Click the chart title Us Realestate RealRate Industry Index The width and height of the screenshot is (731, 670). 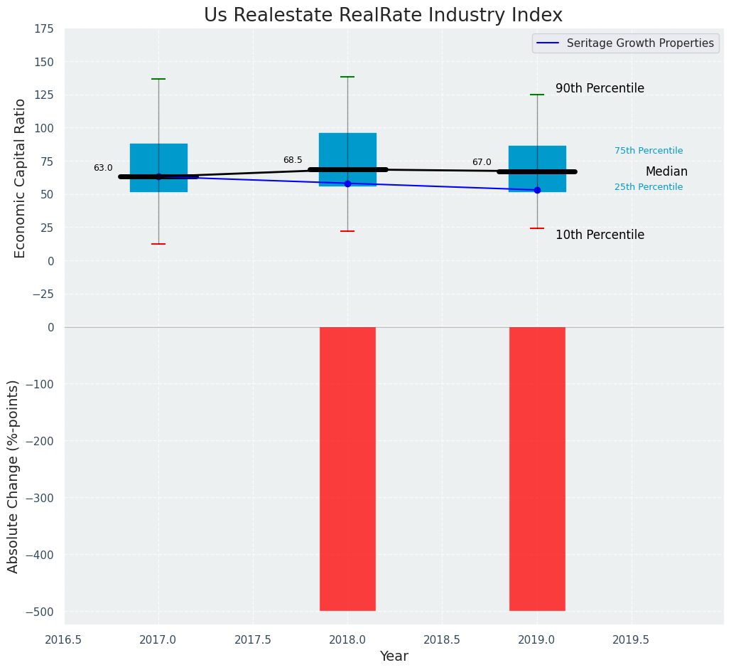pos(383,16)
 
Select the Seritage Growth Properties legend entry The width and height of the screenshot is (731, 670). pos(625,43)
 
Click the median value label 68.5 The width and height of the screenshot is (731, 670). pos(293,161)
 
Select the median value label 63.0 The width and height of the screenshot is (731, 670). pos(103,169)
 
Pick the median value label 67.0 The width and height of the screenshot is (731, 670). pos(482,163)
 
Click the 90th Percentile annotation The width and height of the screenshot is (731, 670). pos(600,89)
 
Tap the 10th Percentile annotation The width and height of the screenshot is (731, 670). pos(600,235)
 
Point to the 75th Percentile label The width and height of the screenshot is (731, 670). pos(649,151)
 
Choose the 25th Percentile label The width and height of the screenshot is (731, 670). pos(649,187)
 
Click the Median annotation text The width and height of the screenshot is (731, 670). pos(666,172)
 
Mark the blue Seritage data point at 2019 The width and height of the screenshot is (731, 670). pos(537,190)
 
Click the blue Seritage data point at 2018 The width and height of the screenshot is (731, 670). pos(347,184)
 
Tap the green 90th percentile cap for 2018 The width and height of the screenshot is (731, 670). pos(347,77)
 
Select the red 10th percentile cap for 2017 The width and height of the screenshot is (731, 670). pos(158,244)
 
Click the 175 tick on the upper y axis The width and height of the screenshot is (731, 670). pos(44,28)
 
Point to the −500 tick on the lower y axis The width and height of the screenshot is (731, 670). pos(40,612)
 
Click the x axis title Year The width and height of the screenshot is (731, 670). pos(394,656)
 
